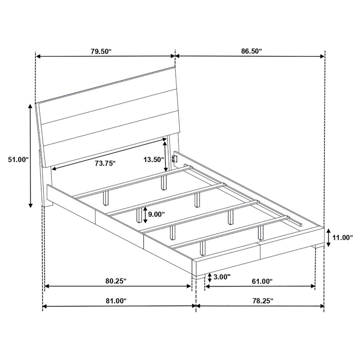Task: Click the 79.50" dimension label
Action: coord(101,52)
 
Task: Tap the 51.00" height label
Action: coord(18,159)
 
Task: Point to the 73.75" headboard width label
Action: coord(105,164)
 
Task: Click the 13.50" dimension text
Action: coord(154,159)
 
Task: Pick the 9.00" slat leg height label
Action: coord(156,214)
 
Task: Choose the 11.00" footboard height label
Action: coord(343,237)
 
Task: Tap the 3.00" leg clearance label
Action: coord(222,277)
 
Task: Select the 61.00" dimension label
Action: coord(262,281)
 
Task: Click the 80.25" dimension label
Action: coord(116,281)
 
